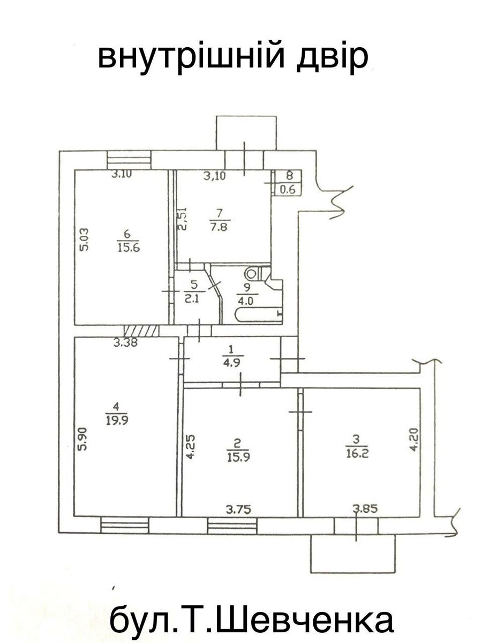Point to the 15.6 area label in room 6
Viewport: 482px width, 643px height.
129,248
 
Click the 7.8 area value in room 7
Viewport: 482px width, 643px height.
220,227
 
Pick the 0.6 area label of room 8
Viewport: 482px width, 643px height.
288,190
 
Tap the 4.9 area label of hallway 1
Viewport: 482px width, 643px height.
231,363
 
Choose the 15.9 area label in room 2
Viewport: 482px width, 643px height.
238,457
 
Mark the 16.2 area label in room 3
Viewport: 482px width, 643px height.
357,453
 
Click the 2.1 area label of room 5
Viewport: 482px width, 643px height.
192,299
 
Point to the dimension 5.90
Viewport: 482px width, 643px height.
84,439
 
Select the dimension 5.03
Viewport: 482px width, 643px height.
84,240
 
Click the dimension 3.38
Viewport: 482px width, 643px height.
125,342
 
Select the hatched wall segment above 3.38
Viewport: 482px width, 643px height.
141,331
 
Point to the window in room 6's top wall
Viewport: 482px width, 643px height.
129,160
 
